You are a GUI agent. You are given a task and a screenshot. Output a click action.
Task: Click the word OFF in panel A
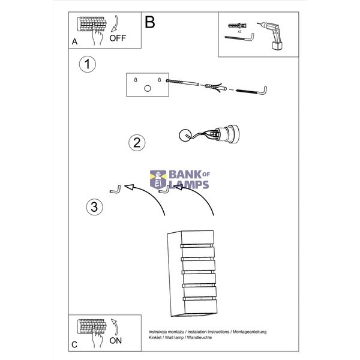pos(118,38)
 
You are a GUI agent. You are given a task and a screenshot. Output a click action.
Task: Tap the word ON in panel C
pos(116,341)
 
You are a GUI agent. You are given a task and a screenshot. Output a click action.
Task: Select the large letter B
pos(150,22)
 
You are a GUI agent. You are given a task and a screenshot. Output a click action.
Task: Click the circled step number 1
pos(87,64)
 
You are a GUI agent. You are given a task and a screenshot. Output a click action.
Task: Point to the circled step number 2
pos(137,143)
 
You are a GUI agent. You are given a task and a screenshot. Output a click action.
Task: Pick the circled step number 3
pos(94,206)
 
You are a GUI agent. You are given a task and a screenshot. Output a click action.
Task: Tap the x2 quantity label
pos(239,31)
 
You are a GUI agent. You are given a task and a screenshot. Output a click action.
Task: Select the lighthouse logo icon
pos(158,179)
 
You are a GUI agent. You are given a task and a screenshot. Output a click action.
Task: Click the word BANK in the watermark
pos(185,175)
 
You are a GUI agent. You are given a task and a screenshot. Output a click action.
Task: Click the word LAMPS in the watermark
pos(189,185)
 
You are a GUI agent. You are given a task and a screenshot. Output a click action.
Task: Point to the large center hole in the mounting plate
pos(148,88)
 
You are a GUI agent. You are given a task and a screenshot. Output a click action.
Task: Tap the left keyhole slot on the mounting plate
pos(136,80)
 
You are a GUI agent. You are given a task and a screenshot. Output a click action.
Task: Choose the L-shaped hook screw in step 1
pos(251,91)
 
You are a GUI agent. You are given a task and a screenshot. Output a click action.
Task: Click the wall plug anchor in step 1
pos(215,88)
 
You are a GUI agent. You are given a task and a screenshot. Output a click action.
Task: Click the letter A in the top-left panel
pos(74,41)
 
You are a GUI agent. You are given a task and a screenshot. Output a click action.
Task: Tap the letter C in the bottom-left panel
pos(74,345)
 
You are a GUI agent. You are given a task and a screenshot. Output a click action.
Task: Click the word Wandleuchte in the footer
pos(199,337)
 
